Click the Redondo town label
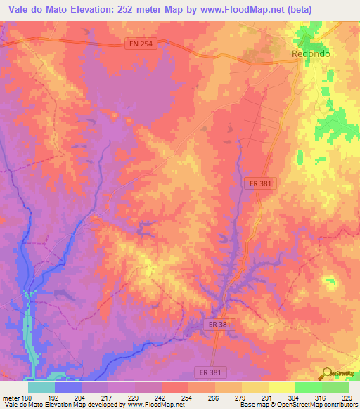coord(311,53)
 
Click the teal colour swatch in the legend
coord(41,387)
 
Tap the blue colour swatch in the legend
coord(68,387)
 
